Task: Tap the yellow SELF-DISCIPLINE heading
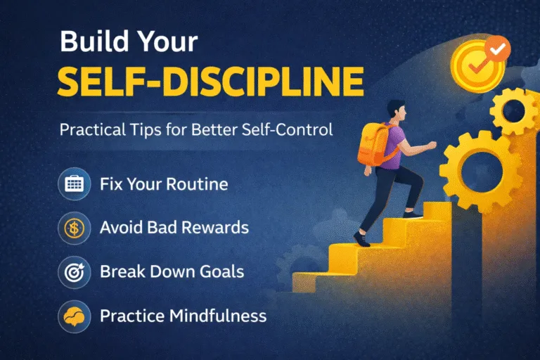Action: point(212,83)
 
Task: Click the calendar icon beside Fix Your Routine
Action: point(74,184)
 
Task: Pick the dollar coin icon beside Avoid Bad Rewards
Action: point(74,229)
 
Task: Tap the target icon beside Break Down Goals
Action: point(74,272)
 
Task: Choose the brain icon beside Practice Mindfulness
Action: point(74,315)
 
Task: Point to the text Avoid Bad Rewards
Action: point(174,229)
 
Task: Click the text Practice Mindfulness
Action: point(183,315)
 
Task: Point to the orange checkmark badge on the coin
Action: point(499,49)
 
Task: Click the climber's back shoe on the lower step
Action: point(361,239)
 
